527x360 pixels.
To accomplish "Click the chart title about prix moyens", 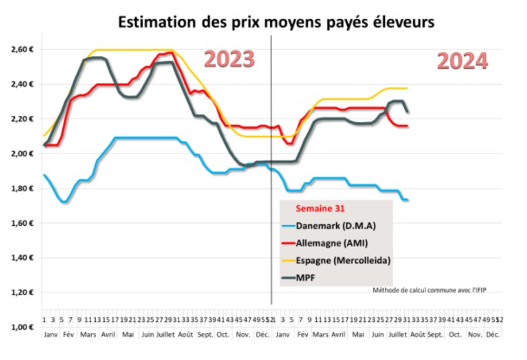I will click(276, 22).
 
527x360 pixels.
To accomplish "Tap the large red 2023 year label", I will click(229, 59).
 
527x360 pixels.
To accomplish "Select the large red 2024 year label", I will click(462, 62).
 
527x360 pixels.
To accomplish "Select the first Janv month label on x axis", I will click(49, 335).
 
